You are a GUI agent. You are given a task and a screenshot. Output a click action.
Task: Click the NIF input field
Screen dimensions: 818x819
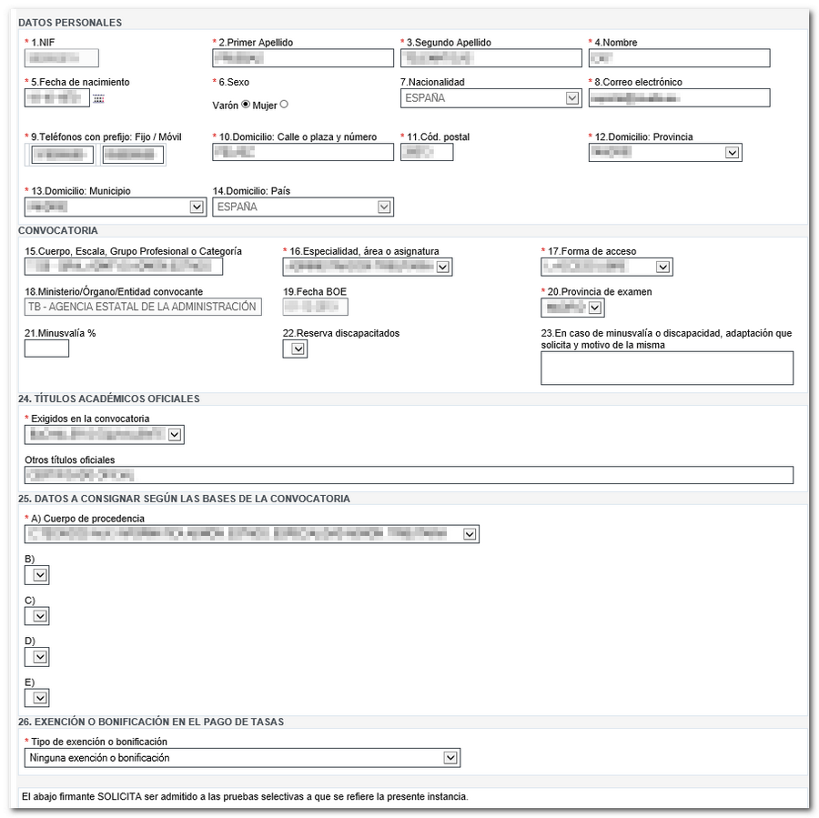tap(62, 58)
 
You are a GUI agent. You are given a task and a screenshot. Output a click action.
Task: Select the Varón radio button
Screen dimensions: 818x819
tap(246, 105)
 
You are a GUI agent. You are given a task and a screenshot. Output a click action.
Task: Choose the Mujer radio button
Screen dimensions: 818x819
tap(284, 105)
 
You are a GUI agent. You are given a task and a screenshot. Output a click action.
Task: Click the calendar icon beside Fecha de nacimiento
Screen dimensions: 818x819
tap(98, 98)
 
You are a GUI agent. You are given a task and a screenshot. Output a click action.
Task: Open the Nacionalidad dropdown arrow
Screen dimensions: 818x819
tap(572, 98)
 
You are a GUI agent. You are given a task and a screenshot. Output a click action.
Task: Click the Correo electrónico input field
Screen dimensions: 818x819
tap(679, 98)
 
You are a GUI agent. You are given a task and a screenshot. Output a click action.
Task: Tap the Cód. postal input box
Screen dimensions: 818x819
tap(427, 153)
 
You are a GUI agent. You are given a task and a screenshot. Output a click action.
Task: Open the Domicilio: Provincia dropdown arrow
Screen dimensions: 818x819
tap(733, 153)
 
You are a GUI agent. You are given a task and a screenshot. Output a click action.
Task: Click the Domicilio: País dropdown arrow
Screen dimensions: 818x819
tap(385, 207)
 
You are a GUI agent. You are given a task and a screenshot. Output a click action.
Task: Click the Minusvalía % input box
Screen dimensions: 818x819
tap(46, 348)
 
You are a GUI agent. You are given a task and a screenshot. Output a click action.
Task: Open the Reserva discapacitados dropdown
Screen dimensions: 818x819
tap(295, 349)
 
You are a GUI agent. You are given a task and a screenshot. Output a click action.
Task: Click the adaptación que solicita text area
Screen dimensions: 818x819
tap(666, 369)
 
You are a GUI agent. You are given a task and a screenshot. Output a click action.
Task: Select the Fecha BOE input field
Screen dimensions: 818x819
tap(315, 307)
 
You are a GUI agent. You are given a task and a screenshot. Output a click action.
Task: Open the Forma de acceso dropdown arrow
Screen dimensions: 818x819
tap(662, 267)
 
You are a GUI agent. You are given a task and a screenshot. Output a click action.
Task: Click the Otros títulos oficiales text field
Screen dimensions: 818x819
tap(409, 475)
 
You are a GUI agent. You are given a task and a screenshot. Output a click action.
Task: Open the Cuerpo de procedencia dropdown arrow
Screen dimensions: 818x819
tap(470, 534)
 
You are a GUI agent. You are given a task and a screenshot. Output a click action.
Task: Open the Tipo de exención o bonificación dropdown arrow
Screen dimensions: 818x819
tap(450, 758)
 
